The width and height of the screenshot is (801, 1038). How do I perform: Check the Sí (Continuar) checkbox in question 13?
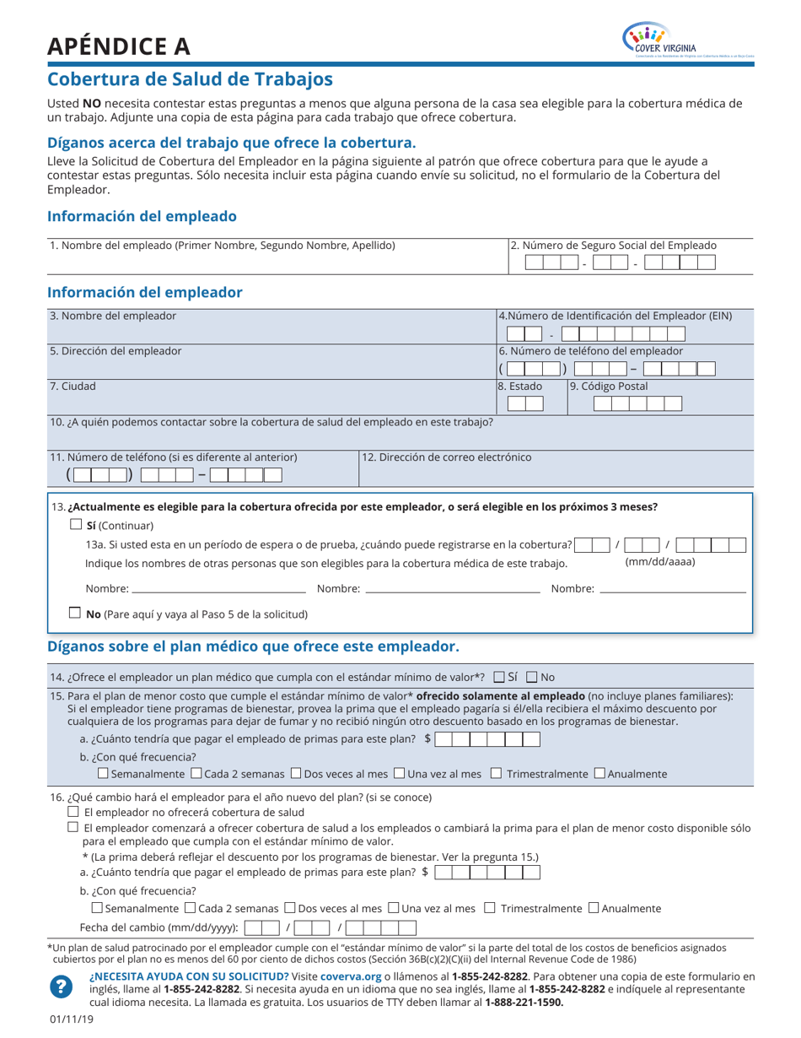tap(76, 524)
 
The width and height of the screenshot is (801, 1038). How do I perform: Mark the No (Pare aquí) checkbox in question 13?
tap(76, 614)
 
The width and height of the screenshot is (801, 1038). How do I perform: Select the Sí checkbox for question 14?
tap(499, 677)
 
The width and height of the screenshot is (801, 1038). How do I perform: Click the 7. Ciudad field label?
tap(73, 387)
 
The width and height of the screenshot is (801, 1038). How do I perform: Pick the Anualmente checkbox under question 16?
tap(594, 908)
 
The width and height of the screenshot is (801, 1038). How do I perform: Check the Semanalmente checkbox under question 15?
tap(103, 773)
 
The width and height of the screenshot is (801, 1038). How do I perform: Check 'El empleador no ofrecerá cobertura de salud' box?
tap(73, 811)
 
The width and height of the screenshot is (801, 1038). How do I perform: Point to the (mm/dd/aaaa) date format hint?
tap(660, 561)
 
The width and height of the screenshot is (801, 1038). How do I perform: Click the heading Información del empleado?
tap(142, 216)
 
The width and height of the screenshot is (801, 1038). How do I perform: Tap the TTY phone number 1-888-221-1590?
tap(524, 1003)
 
